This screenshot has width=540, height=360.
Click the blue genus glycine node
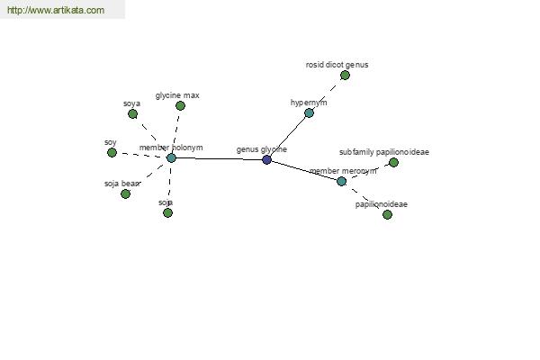pos(266,159)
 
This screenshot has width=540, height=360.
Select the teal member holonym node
pos(171,158)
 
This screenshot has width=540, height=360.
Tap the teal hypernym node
pos(309,113)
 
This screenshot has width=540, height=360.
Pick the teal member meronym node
pos(341,181)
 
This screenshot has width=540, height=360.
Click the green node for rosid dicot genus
pos(345,75)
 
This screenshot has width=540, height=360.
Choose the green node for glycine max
pos(180,106)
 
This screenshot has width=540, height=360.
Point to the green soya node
pos(132,113)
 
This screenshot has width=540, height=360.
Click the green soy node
pos(112,152)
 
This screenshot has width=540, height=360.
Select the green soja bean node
pos(125,194)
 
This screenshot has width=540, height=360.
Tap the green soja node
pos(167,213)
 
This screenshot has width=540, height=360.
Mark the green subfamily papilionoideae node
pos(393,162)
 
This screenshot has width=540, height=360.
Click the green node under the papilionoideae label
pos(387,214)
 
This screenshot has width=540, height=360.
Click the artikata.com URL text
pos(56,10)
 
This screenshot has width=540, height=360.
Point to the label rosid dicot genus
pos(337,65)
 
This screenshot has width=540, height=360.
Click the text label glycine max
pos(177,95)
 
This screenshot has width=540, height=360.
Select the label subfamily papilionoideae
pos(384,152)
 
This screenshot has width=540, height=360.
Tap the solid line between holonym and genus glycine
pos(219,158)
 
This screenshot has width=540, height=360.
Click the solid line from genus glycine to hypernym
pos(288,137)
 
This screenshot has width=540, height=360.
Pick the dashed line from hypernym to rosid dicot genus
pos(327,94)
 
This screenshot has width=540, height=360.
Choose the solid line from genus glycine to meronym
pos(304,170)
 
